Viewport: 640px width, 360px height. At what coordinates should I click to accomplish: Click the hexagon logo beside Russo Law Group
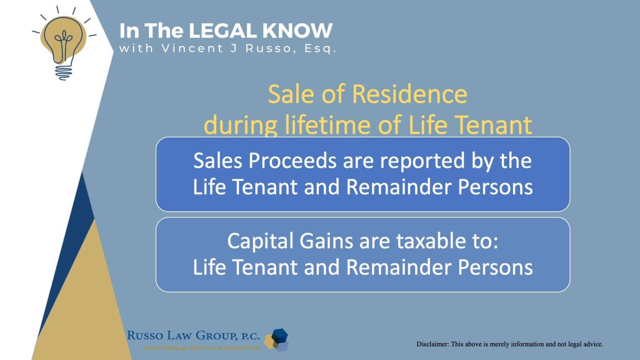tap(277, 339)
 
